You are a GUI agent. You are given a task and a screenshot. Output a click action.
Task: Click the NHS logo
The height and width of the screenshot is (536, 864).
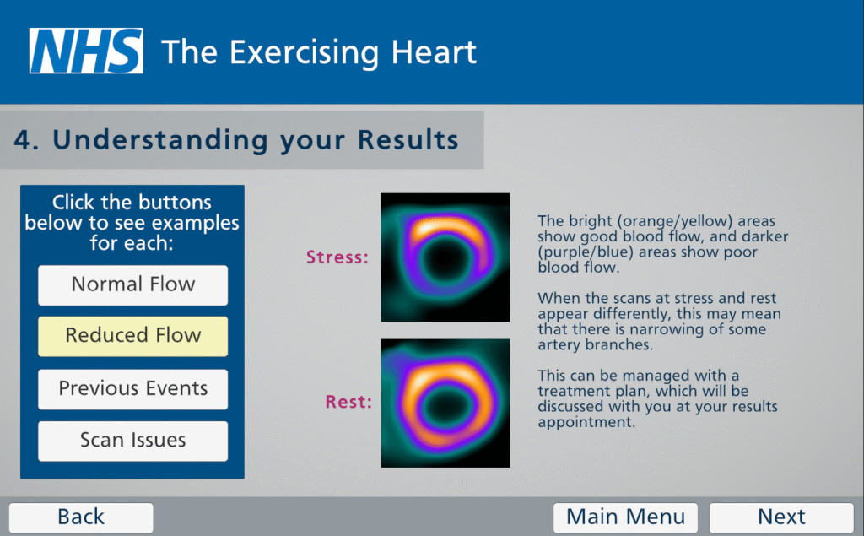coord(87,51)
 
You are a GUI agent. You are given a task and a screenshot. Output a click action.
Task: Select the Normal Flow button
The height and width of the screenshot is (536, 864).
coord(132,285)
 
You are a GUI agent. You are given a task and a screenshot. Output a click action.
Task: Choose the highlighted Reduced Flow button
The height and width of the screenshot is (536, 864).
coord(132,336)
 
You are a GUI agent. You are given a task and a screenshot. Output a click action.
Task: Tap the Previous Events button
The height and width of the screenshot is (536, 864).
coord(132,389)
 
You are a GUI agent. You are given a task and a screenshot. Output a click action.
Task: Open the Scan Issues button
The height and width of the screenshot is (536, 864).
coord(132,441)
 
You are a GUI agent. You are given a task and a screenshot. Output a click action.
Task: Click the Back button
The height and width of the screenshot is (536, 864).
coord(81,517)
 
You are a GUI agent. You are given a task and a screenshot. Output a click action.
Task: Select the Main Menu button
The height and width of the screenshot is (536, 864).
coord(625,517)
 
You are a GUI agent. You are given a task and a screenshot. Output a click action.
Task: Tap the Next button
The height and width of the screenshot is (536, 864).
coord(781,517)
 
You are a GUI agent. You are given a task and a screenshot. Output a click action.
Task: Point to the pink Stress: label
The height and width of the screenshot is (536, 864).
coord(337,257)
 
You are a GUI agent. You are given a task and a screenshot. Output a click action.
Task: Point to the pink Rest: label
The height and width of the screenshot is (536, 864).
coord(348,402)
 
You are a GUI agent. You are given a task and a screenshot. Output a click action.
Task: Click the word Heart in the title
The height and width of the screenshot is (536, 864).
coord(434,52)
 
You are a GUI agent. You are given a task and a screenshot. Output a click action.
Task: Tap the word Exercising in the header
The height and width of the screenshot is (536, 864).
coord(304,53)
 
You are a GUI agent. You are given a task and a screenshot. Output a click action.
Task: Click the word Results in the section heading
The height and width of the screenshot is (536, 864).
coord(408,139)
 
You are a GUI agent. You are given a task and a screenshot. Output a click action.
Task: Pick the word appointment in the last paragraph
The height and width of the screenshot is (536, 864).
coord(587,422)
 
